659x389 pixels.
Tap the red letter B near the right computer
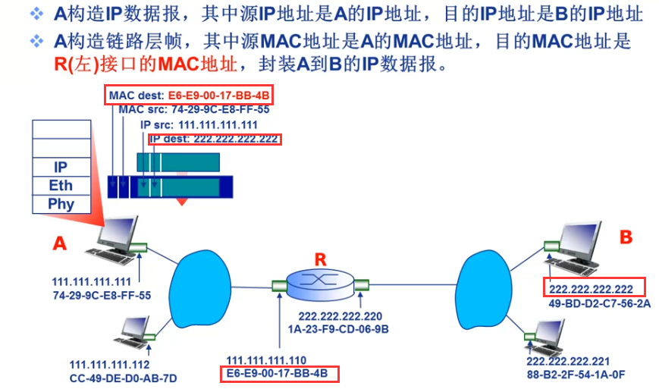(x=625, y=237)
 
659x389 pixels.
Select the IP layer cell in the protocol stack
(x=61, y=168)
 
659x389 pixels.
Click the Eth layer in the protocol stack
(x=61, y=186)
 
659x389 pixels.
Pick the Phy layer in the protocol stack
(x=61, y=204)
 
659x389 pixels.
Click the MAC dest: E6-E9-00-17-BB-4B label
(x=189, y=96)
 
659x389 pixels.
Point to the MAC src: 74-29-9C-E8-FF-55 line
(x=194, y=109)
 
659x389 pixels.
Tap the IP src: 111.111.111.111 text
(x=199, y=124)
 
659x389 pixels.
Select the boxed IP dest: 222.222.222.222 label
(x=215, y=140)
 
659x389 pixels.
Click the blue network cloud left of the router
(x=201, y=284)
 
